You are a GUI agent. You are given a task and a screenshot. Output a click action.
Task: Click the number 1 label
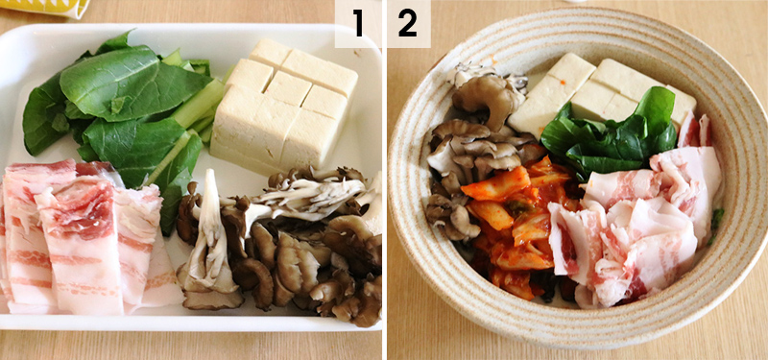point(358,24)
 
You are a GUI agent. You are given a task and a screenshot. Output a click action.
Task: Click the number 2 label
point(408,24)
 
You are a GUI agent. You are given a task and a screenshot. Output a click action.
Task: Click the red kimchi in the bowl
point(509,221)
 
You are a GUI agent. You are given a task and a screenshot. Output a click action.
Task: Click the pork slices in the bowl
point(643,230)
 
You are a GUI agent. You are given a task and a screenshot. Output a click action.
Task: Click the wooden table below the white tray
point(192,346)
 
